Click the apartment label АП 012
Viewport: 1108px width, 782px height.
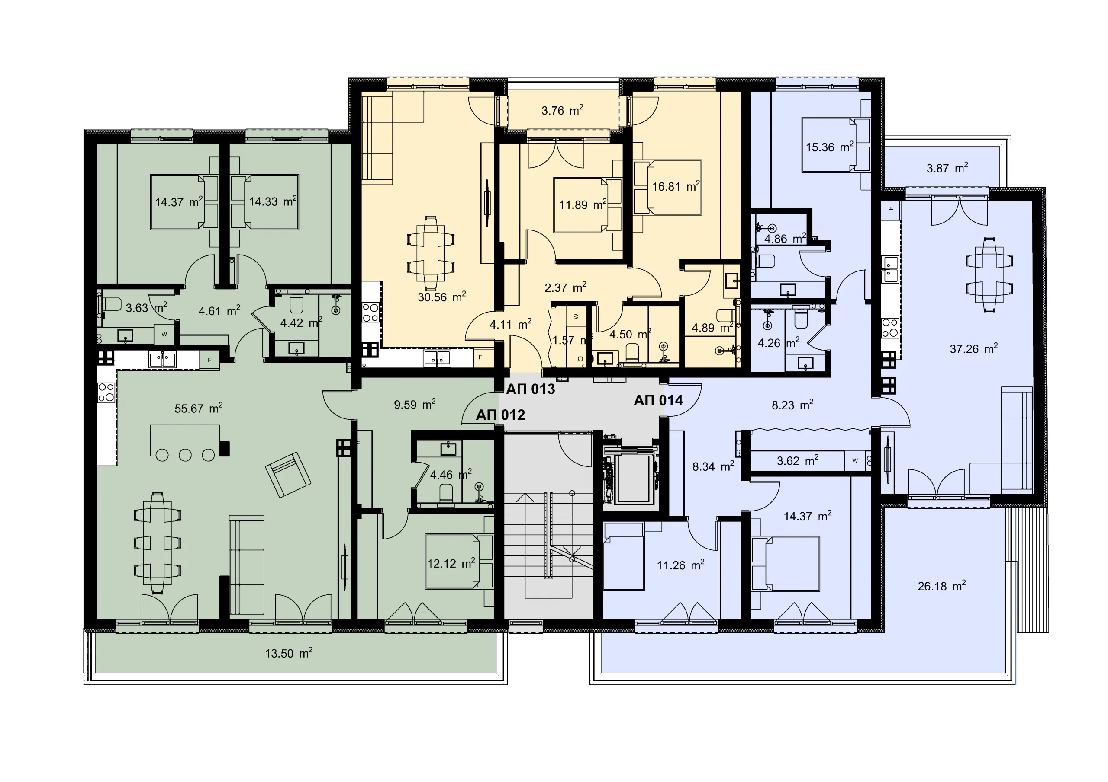(x=500, y=415)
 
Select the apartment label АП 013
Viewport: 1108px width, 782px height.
(x=530, y=389)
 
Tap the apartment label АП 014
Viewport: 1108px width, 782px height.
(x=658, y=400)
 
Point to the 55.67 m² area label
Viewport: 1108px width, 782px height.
(x=198, y=409)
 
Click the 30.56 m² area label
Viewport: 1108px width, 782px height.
(x=441, y=297)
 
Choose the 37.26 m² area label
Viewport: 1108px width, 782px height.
(x=973, y=348)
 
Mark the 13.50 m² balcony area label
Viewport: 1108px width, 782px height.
(x=289, y=653)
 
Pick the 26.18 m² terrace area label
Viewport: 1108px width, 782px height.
(x=941, y=586)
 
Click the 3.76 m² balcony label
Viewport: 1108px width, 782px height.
(x=562, y=110)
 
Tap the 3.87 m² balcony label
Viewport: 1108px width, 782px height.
(x=947, y=168)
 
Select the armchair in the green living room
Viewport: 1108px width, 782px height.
(x=288, y=474)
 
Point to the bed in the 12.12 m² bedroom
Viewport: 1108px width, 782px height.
(x=458, y=561)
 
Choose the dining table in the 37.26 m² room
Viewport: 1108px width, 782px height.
(x=989, y=275)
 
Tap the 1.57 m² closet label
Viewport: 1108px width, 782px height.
(x=572, y=340)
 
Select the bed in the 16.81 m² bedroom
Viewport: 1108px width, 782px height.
(x=667, y=187)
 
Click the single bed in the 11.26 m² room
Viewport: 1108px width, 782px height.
(x=624, y=556)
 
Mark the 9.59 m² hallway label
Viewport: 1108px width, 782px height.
(x=415, y=404)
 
